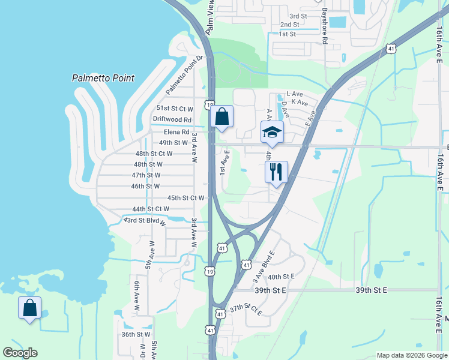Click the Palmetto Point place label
(103, 78)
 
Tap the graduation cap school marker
(272, 132)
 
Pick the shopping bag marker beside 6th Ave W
(29, 308)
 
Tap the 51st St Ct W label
(175, 109)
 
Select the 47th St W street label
(147, 175)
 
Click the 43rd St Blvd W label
(144, 221)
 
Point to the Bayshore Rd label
(324, 26)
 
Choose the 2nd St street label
(289, 25)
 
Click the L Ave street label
(295, 94)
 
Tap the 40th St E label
(282, 277)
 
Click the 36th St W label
(136, 334)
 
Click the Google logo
(20, 353)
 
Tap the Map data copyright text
(411, 355)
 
